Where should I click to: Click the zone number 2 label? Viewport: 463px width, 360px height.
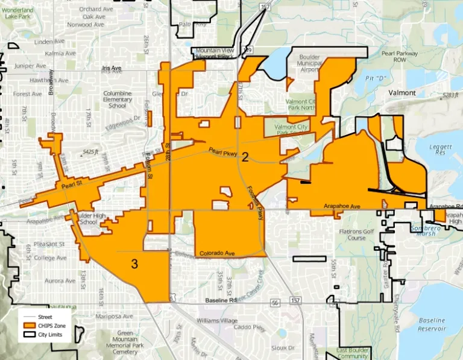pos(245,158)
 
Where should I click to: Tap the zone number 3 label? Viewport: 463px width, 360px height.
pos(134,264)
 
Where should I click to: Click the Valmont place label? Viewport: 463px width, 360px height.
pos(402,93)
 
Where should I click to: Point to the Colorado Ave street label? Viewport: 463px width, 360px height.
pos(216,253)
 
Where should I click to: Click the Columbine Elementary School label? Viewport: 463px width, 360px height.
pos(117,99)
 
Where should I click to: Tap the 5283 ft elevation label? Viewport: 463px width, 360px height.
pos(450,95)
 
